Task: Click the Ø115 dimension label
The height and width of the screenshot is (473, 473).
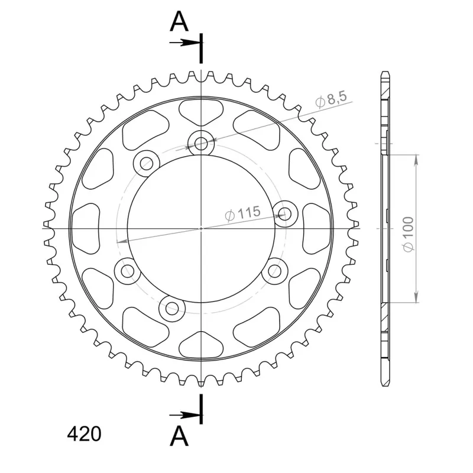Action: (242, 213)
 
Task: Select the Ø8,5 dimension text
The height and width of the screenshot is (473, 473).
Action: (331, 98)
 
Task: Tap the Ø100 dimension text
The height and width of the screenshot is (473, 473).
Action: (409, 234)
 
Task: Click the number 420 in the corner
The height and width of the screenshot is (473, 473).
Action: (84, 435)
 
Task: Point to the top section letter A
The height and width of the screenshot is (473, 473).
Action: (179, 21)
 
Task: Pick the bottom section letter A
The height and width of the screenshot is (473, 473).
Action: (179, 436)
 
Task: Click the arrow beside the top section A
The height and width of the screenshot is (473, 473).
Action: (184, 43)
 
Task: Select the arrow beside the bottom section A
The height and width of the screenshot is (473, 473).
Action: (184, 416)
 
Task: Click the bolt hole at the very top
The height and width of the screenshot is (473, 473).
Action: (201, 142)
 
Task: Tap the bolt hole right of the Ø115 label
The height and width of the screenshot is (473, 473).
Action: (285, 214)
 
